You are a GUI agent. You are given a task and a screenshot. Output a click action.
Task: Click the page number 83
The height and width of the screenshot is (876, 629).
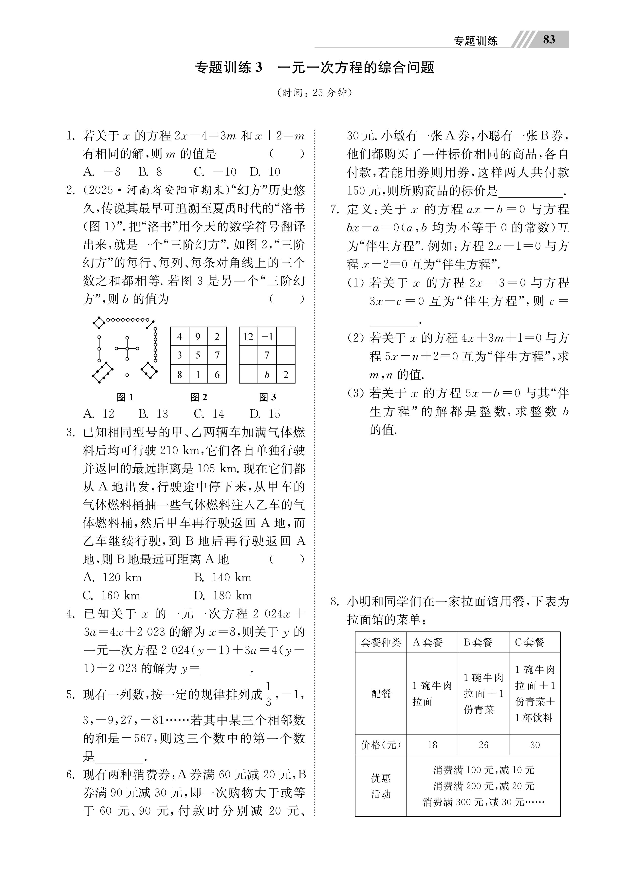click(549, 40)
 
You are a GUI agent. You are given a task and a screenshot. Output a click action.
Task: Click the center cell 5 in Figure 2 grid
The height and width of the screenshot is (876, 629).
click(198, 355)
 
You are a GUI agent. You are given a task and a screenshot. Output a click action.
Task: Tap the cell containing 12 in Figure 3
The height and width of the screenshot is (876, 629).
click(248, 337)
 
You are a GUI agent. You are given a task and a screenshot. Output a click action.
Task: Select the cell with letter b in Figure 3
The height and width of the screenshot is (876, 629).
click(267, 374)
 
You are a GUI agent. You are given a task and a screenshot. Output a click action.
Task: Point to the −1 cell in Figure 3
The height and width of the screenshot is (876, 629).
click(267, 337)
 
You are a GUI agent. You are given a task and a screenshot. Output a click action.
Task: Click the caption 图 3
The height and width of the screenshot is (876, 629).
click(267, 397)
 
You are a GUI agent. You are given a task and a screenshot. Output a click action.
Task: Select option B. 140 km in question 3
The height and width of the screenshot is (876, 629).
click(223, 578)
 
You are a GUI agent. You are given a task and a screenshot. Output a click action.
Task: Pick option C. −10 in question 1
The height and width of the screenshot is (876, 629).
click(215, 172)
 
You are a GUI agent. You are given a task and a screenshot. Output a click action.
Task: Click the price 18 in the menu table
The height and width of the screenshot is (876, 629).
click(432, 745)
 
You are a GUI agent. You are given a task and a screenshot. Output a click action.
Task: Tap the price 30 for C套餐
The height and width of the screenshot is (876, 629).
click(535, 745)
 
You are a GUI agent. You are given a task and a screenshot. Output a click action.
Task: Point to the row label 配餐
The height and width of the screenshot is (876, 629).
click(381, 694)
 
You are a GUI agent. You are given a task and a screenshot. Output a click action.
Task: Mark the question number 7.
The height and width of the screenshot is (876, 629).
click(335, 210)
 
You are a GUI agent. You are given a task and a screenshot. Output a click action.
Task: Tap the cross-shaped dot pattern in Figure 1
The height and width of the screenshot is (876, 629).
click(127, 348)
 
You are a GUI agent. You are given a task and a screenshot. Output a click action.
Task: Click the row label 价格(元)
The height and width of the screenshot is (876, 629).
click(381, 745)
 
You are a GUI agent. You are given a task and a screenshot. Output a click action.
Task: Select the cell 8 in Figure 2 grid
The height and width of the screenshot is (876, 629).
click(179, 374)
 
